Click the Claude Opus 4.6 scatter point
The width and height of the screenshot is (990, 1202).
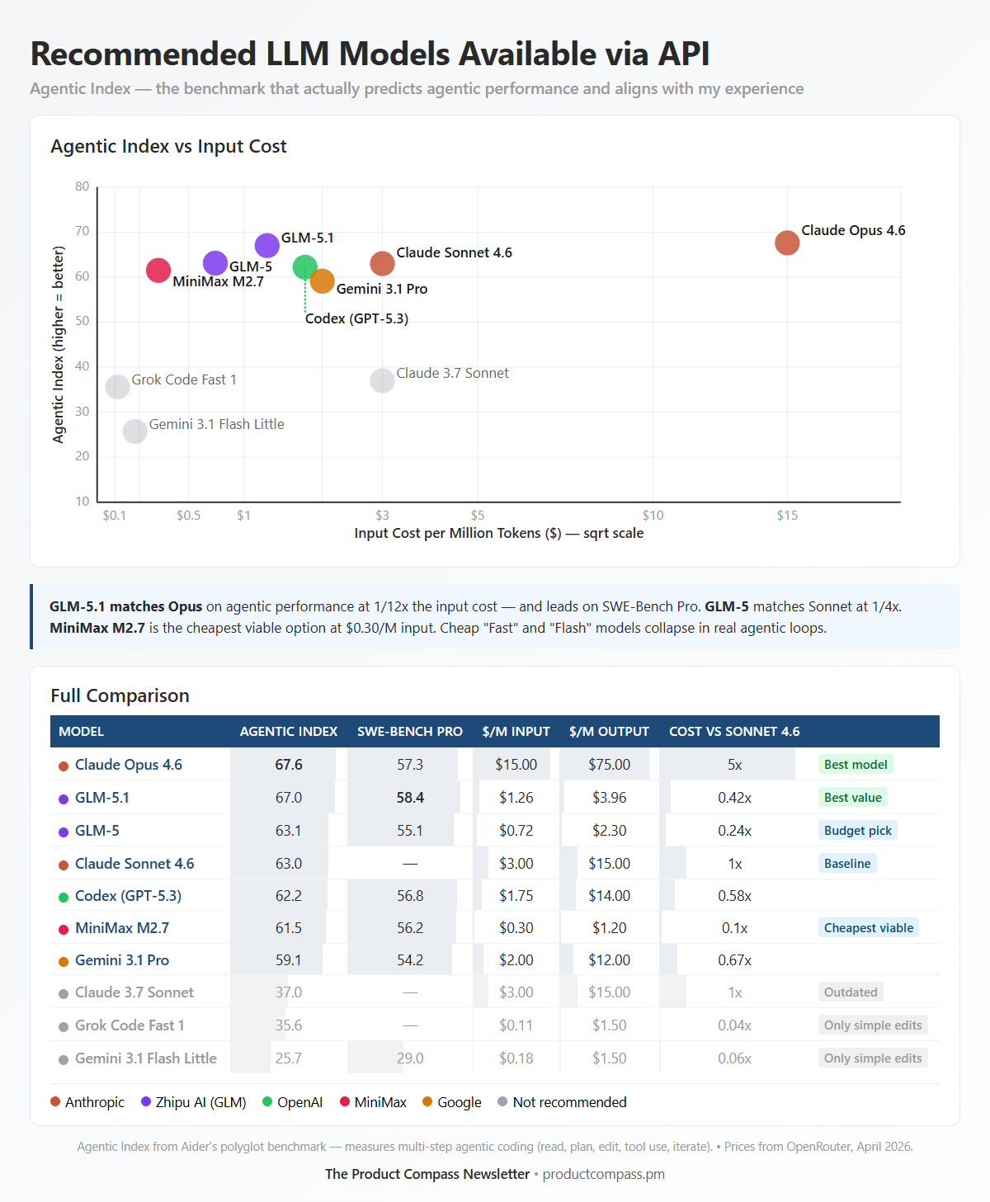point(787,243)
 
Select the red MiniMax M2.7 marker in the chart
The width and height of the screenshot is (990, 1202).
point(158,270)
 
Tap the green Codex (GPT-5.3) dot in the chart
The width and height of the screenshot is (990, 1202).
point(304,267)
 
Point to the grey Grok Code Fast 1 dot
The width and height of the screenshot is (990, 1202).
point(117,386)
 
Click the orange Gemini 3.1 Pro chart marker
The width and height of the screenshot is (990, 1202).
point(323,281)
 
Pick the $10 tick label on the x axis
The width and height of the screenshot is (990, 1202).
point(653,516)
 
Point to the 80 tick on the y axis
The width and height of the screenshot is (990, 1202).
point(82,186)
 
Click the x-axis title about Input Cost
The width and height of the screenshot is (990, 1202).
point(498,534)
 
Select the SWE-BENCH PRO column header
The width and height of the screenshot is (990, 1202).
point(409,732)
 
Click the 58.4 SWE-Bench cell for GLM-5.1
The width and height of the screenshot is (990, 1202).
point(410,798)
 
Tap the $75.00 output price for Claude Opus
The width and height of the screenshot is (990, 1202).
point(609,765)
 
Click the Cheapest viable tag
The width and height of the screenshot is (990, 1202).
point(868,928)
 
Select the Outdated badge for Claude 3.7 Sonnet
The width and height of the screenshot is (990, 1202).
point(850,992)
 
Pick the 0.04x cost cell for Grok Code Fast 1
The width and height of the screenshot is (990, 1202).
point(734,1025)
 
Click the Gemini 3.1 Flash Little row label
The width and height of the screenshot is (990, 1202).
point(145,1058)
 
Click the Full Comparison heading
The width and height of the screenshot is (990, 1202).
point(120,695)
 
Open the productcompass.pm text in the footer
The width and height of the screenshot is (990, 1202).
point(603,1174)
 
